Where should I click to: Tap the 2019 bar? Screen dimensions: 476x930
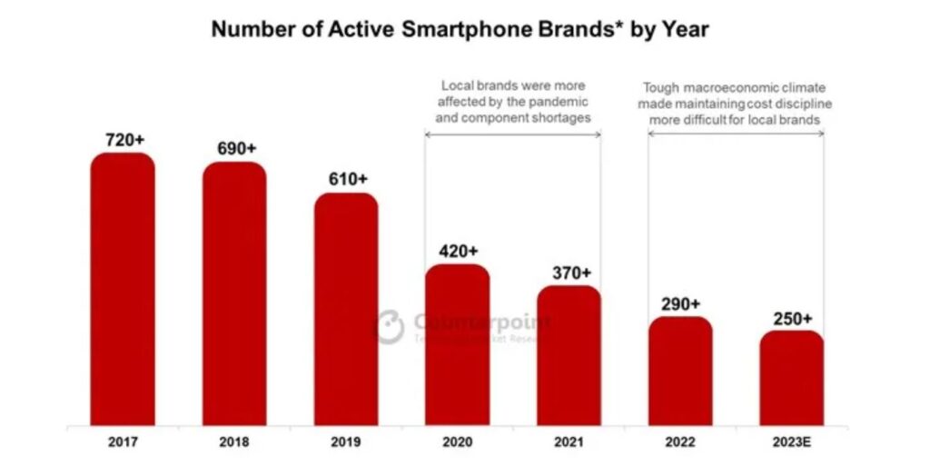[x=346, y=309]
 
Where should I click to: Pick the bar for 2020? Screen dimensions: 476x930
[x=458, y=344]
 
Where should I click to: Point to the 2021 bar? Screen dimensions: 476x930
[x=569, y=355]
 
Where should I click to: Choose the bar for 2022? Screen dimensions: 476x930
[x=680, y=371]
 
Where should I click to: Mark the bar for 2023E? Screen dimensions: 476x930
[x=792, y=378]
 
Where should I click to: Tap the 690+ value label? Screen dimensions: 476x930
[x=234, y=148]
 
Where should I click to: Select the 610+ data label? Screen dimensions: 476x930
[x=347, y=179]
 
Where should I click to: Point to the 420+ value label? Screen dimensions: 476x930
[x=459, y=251]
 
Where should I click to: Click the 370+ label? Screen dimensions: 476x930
[x=569, y=272]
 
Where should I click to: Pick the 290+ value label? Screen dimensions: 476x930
[x=681, y=302]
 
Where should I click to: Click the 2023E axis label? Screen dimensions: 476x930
[x=792, y=442]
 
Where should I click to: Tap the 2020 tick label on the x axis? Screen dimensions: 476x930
[x=458, y=442]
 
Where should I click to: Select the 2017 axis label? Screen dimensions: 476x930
[x=122, y=442]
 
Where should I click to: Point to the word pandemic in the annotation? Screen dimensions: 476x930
[x=560, y=102]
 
